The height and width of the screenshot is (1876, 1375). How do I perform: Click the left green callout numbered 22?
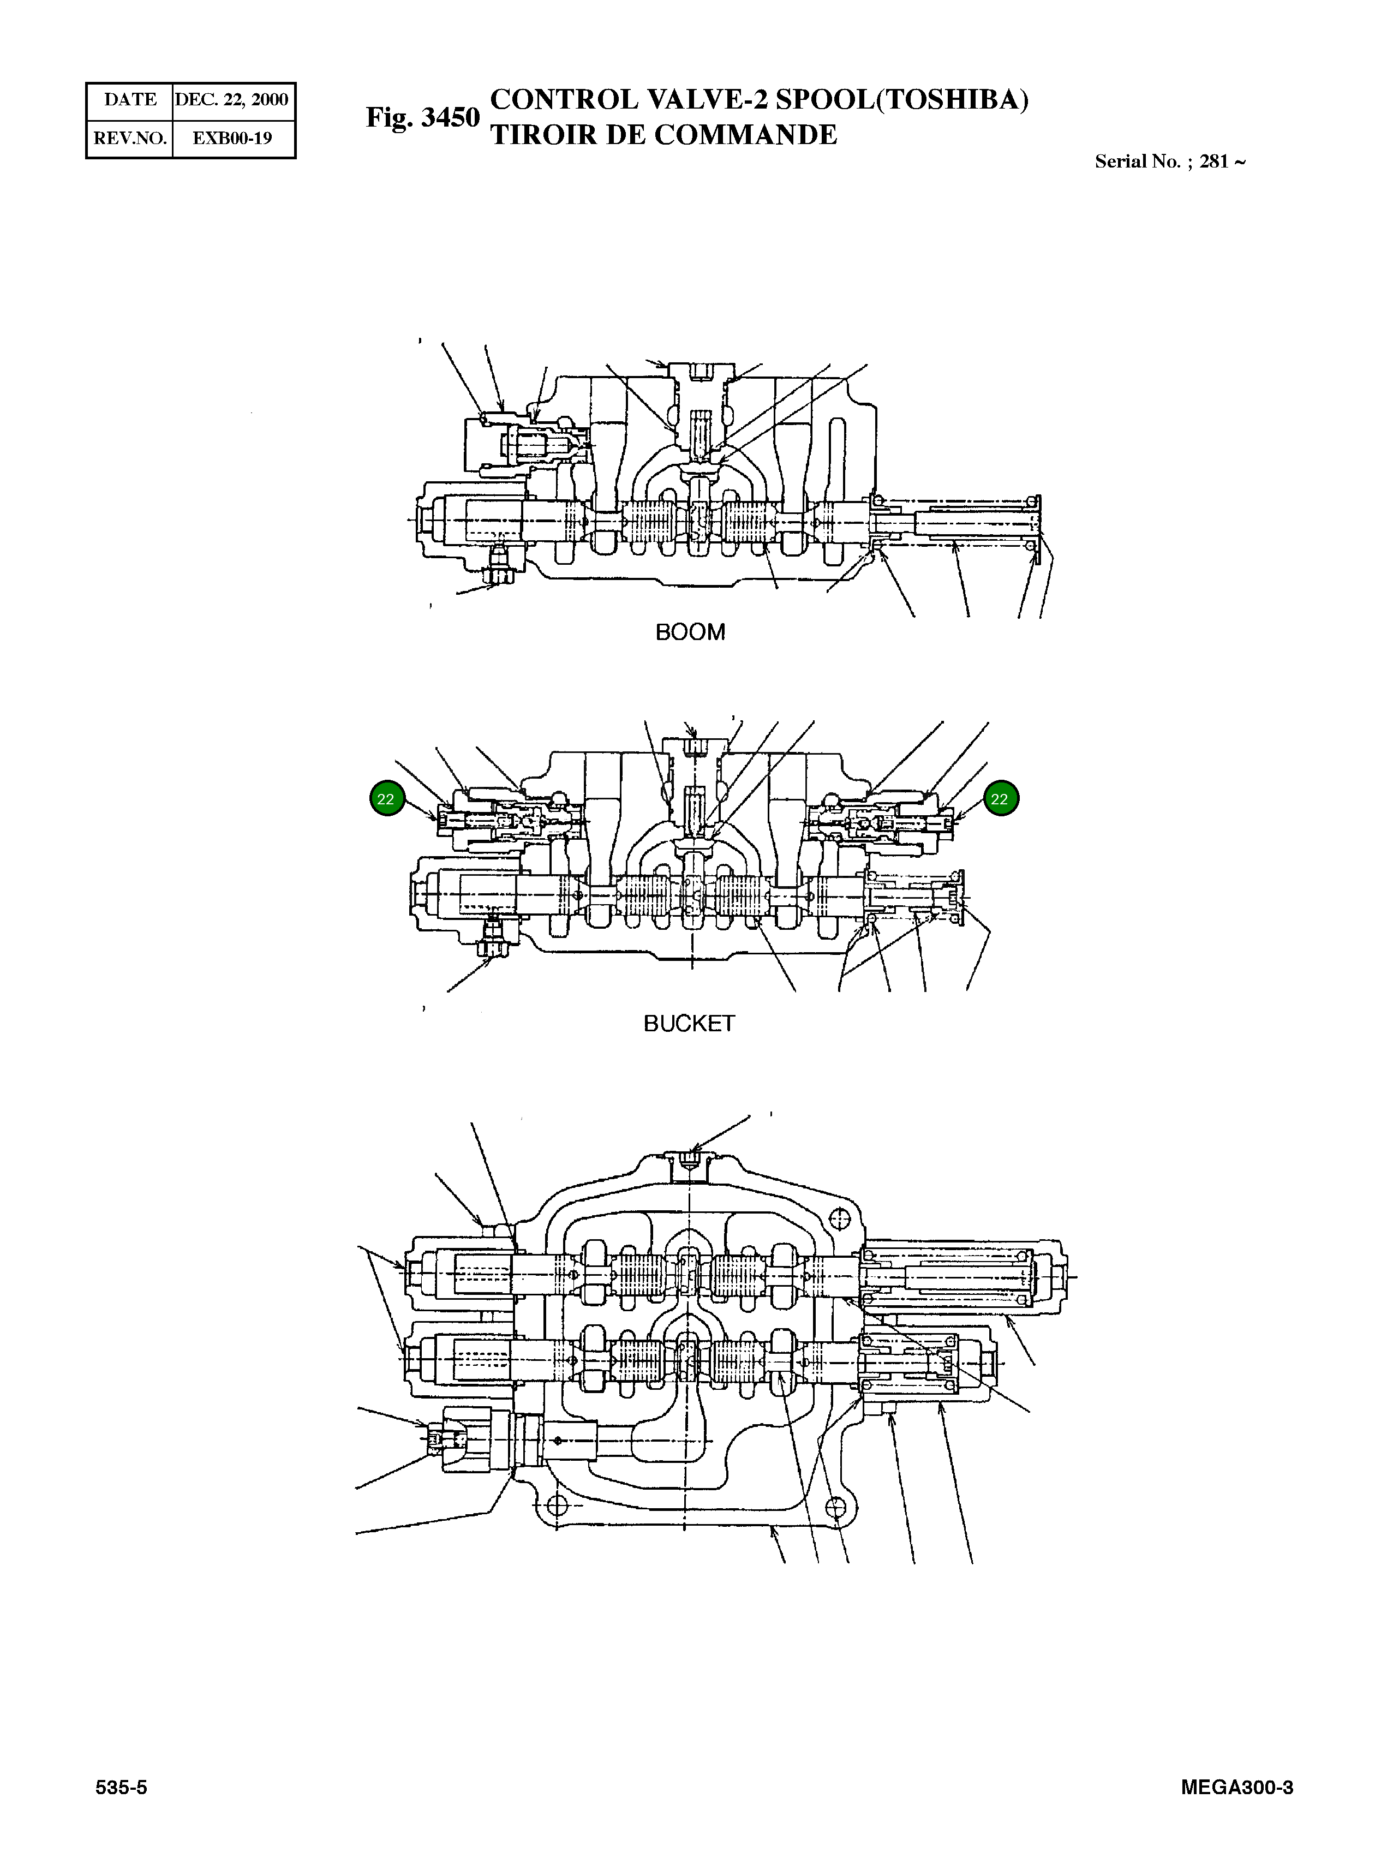coord(386,799)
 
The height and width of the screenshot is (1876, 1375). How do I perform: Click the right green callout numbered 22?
coord(1001,799)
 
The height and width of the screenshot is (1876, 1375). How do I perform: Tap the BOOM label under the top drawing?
coord(690,632)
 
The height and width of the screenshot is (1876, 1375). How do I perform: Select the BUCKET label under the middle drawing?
coord(689,1023)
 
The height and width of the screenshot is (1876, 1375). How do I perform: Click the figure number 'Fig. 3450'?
coord(423,117)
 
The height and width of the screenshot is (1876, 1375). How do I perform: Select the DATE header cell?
coord(130,100)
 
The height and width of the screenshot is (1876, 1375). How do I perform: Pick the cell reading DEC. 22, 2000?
coord(232,100)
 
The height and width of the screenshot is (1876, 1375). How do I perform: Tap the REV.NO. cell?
coord(130,138)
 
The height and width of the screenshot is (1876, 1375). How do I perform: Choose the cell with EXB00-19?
coord(232,138)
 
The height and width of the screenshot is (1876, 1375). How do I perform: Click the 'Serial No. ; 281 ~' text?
coord(1169,162)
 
